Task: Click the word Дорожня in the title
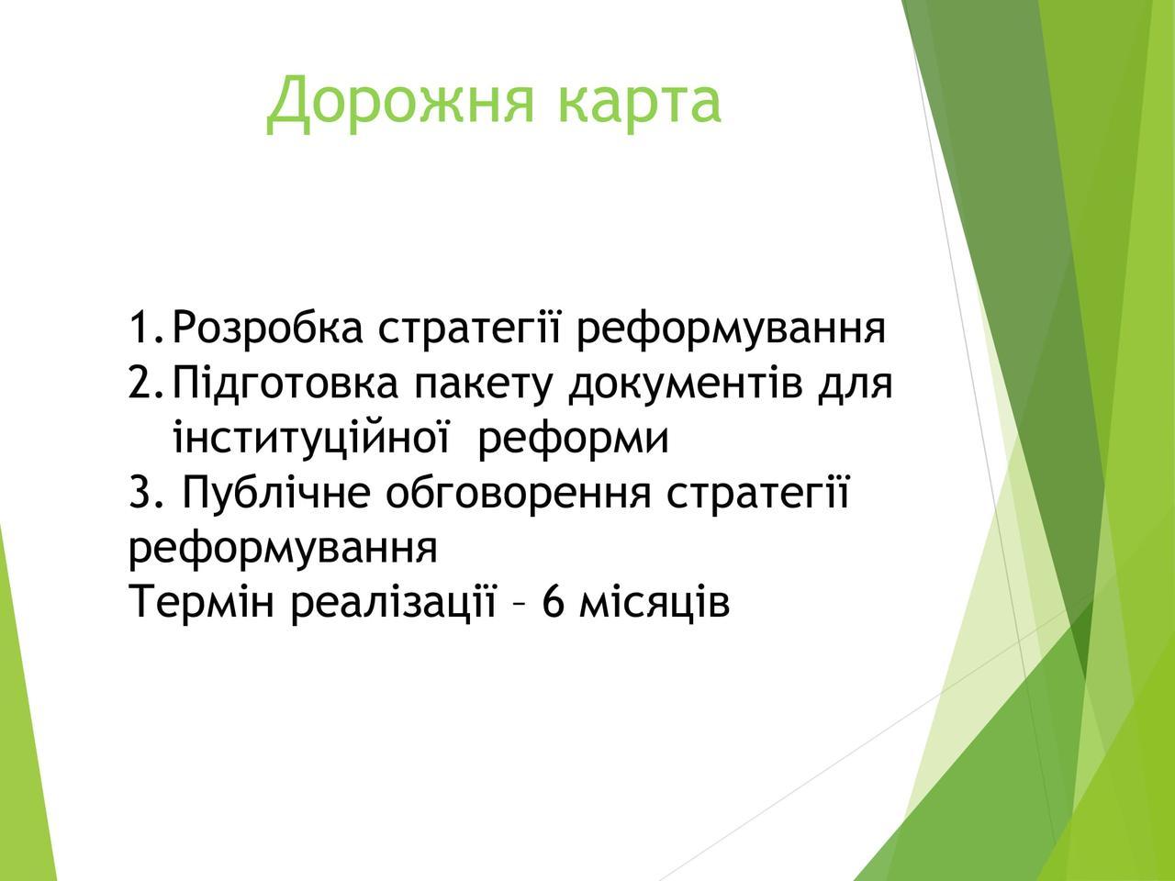[x=400, y=102]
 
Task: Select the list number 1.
[x=148, y=328]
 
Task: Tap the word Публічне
[x=276, y=492]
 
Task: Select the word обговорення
[x=518, y=492]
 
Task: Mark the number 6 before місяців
[x=554, y=601]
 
